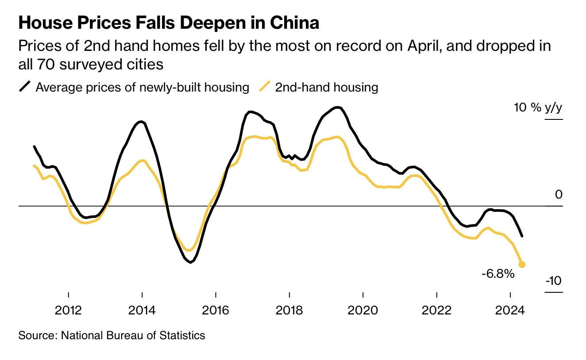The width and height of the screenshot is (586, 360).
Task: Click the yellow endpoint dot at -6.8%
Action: pos(522,264)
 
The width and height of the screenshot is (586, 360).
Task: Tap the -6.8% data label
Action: pos(498,274)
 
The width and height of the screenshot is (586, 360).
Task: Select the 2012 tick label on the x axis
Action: pos(69,310)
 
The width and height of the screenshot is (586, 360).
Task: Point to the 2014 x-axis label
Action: pos(142,310)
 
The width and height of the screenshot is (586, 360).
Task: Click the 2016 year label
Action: pos(216,310)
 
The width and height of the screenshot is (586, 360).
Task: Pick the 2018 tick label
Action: pos(289,310)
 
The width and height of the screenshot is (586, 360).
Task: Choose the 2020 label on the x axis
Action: pos(363,310)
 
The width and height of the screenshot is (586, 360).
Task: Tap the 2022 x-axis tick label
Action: pos(436,310)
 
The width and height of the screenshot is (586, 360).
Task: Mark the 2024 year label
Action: pos(510,310)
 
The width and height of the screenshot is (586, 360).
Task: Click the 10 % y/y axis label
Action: pos(538,107)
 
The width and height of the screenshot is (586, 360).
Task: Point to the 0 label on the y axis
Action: pos(559,195)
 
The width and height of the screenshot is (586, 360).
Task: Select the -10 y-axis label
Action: pos(553,281)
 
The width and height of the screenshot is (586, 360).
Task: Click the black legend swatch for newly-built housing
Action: pos(25,87)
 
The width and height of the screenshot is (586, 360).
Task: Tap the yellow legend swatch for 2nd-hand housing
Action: pos(265,87)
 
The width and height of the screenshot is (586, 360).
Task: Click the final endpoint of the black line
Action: pos(522,236)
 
